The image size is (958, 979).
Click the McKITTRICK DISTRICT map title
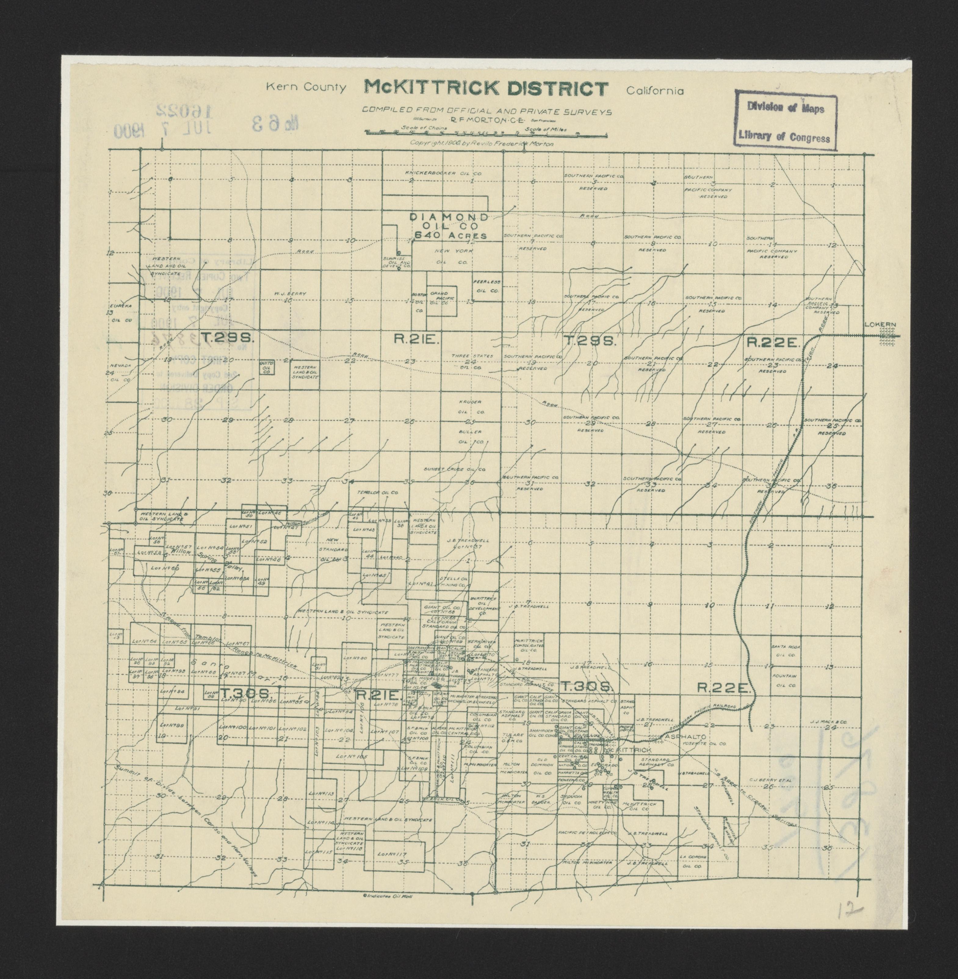point(486,89)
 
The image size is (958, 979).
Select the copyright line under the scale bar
point(482,143)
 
